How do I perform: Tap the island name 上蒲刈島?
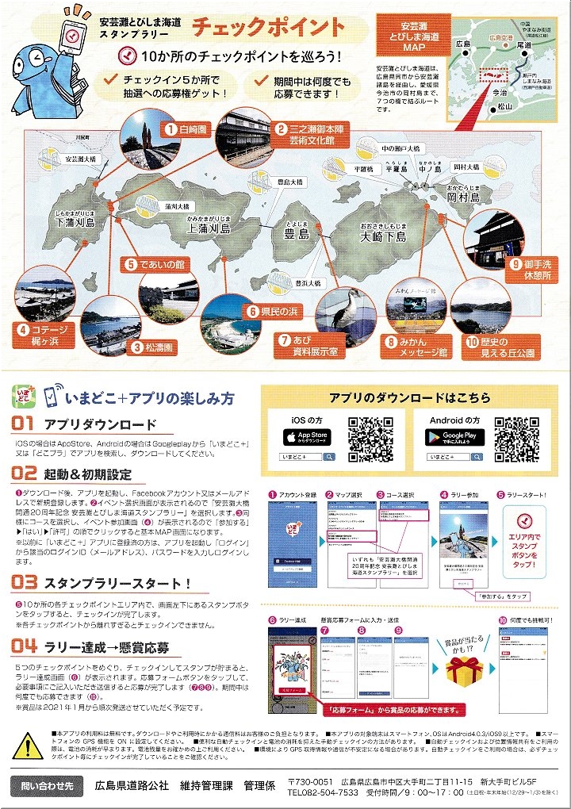(x=208, y=227)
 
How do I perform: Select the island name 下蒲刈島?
(x=75, y=223)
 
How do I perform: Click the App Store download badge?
(x=308, y=437)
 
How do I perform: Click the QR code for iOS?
(x=371, y=438)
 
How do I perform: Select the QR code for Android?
(x=519, y=438)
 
